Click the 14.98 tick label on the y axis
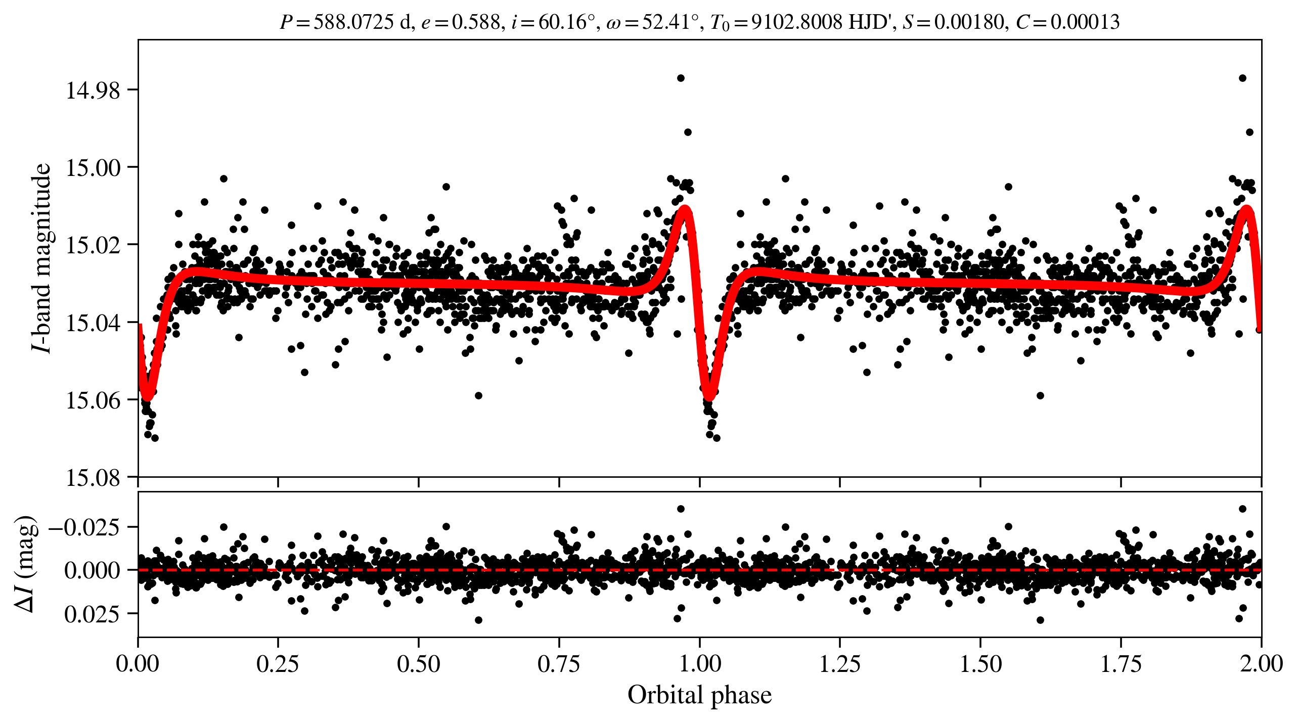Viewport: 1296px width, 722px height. [93, 91]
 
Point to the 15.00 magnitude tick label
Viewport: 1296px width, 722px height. [93, 168]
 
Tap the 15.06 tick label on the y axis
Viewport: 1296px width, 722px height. [93, 400]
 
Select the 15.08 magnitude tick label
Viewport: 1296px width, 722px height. [93, 478]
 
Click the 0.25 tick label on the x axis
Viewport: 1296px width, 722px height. [278, 664]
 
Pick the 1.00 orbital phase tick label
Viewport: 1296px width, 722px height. [699, 664]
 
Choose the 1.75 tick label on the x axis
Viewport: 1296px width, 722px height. [1121, 664]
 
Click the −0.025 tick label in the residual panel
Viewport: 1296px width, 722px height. [84, 527]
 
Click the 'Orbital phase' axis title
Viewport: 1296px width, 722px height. [699, 695]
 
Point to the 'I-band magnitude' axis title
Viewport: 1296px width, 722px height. [41, 258]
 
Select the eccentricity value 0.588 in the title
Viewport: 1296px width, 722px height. [475, 22]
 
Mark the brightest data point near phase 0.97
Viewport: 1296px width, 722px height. [681, 78]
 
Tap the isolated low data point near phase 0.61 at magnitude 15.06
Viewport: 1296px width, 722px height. [478, 395]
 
